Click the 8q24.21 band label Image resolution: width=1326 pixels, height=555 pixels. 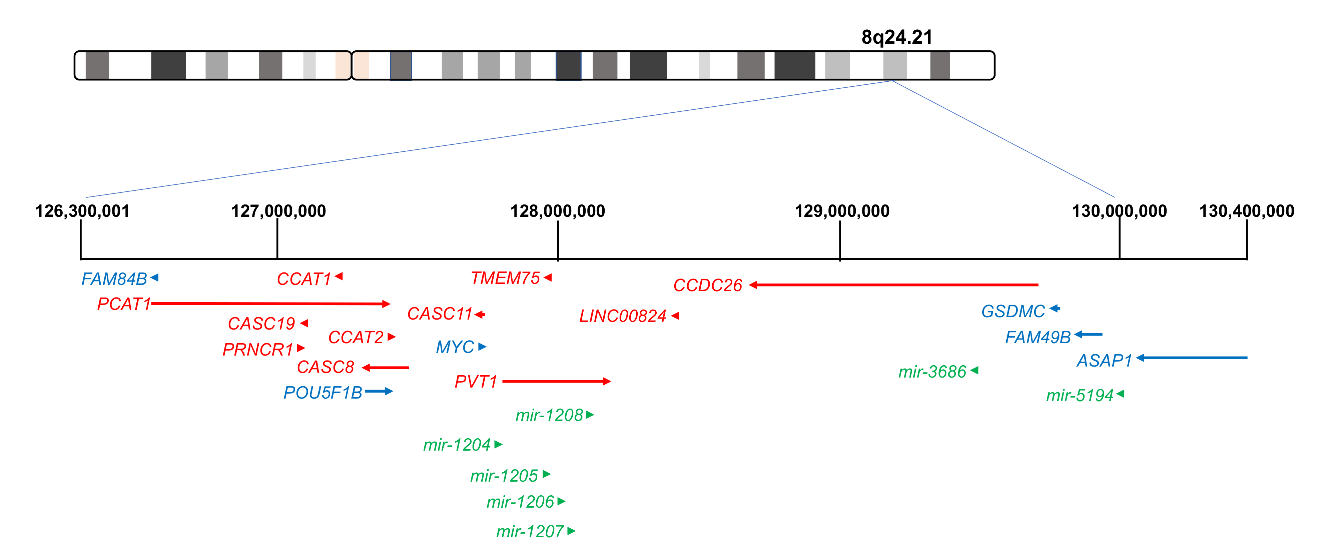(x=897, y=37)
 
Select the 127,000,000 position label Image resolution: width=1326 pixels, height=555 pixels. (x=278, y=211)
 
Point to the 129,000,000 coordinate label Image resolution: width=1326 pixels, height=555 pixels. (x=842, y=211)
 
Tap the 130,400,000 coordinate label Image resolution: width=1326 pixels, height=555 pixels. (x=1246, y=211)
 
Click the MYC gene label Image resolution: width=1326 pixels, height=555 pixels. (x=455, y=347)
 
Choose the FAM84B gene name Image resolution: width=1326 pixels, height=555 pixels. (x=114, y=279)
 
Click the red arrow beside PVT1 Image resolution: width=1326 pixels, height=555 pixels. (x=556, y=382)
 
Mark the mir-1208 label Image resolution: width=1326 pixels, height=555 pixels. (x=549, y=415)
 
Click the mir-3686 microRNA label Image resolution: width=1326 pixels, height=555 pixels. (x=932, y=372)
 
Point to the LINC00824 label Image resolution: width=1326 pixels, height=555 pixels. (x=623, y=316)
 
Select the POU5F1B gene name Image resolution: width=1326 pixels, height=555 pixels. (x=323, y=393)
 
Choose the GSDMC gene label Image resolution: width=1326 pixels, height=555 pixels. (x=1013, y=312)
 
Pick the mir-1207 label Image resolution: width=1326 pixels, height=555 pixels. (x=530, y=531)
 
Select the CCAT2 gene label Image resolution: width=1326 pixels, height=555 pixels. (x=356, y=338)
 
